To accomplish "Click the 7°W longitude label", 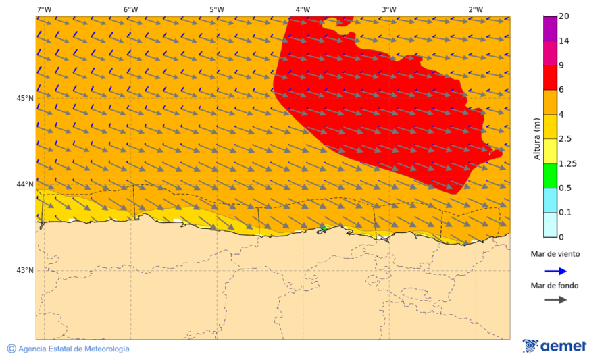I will (x=44, y=9).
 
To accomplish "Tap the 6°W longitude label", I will (x=130, y=9).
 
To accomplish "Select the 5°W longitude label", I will (x=216, y=9).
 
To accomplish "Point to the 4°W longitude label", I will (x=303, y=9).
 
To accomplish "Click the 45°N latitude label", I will (x=25, y=99).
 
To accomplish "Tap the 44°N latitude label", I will (x=25, y=184).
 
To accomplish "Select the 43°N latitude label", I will (x=25, y=271).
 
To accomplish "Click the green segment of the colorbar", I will (x=551, y=176).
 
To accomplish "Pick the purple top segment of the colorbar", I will (x=551, y=28).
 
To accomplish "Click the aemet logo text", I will (x=563, y=346).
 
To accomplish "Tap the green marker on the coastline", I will (x=324, y=230).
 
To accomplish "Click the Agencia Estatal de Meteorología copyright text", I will (x=73, y=349).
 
